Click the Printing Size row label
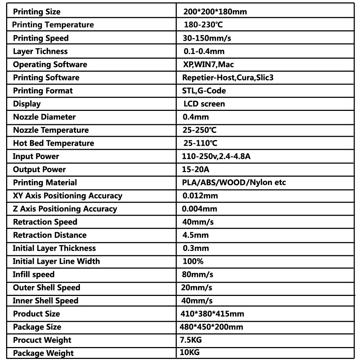tap(37, 12)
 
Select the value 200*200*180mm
tap(215, 12)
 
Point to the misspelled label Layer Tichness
tap(40, 51)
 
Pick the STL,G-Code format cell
tap(204, 91)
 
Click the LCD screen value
tap(204, 104)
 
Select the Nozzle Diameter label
tap(44, 117)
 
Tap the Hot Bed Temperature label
tap(53, 143)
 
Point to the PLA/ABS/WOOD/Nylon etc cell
tap(234, 183)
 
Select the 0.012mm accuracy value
tap(200, 196)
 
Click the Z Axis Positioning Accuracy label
tap(65, 209)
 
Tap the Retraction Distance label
tap(50, 235)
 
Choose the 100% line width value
tap(193, 261)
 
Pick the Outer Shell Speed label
tap(46, 288)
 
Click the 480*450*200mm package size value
tap(211, 327)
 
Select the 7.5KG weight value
tap(193, 340)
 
